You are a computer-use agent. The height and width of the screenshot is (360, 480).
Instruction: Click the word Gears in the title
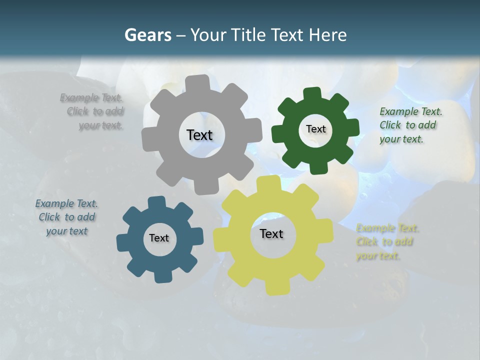pyautogui.click(x=147, y=35)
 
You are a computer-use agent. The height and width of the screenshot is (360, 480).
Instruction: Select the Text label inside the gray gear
pyautogui.click(x=199, y=135)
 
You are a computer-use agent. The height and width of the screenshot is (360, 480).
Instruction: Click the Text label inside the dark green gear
pyautogui.click(x=315, y=129)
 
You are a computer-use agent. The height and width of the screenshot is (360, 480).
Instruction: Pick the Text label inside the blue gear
pyautogui.click(x=159, y=238)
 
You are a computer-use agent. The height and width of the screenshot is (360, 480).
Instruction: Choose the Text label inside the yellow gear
pyautogui.click(x=271, y=234)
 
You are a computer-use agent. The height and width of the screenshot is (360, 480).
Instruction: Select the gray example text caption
pyautogui.click(x=95, y=111)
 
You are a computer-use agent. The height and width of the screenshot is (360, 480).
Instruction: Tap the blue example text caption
pyautogui.click(x=66, y=217)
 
